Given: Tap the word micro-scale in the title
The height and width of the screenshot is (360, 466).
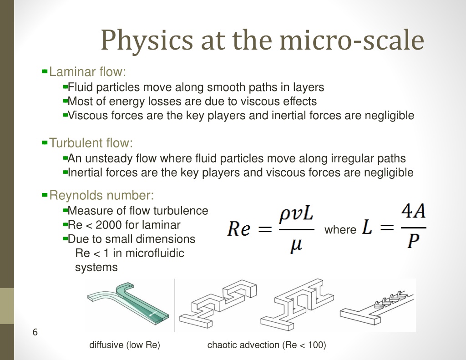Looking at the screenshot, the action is coord(352,40).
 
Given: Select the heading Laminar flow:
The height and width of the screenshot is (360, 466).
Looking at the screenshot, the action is coord(87,71).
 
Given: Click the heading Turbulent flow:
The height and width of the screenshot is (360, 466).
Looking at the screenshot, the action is coord(91,143).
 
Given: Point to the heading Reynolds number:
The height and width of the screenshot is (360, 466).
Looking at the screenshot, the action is coord(101,195).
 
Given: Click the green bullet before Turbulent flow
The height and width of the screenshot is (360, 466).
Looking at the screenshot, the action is coord(45,143).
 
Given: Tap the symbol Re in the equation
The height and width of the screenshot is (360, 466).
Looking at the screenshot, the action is coord(238,229).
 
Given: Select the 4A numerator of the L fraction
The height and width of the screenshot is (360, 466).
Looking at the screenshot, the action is coord(413,212).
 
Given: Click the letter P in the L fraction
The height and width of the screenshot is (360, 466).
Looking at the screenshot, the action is coord(413,240).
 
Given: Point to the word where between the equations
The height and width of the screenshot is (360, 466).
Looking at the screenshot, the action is coord(340,229).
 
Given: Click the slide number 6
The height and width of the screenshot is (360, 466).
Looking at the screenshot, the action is coord(35,332).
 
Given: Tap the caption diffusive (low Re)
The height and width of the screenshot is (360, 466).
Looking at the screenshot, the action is coord(125,345).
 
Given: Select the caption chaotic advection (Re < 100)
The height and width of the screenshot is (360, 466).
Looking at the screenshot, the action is coord(267,345).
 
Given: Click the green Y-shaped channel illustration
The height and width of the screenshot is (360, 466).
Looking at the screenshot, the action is coord(128,303).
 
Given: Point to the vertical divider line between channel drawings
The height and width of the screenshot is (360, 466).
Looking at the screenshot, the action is coord(175,305).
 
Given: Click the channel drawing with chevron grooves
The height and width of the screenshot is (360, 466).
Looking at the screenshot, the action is coord(376,308).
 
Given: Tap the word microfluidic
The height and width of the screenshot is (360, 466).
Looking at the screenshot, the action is coord(155,254).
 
